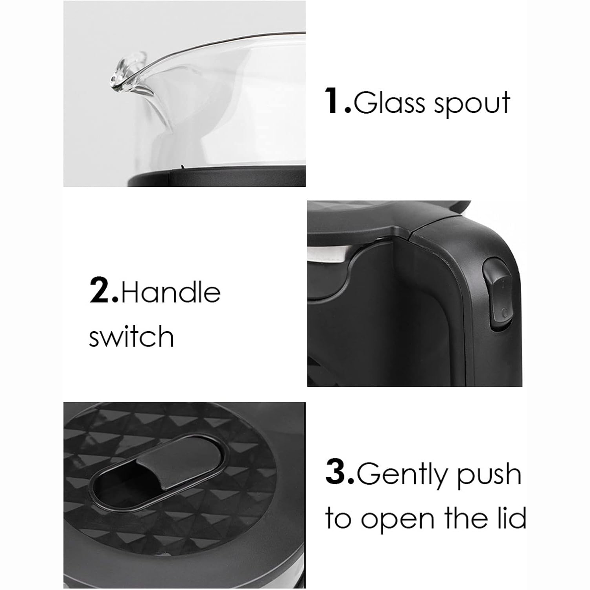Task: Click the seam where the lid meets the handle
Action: pyautogui.click(x=409, y=231)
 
